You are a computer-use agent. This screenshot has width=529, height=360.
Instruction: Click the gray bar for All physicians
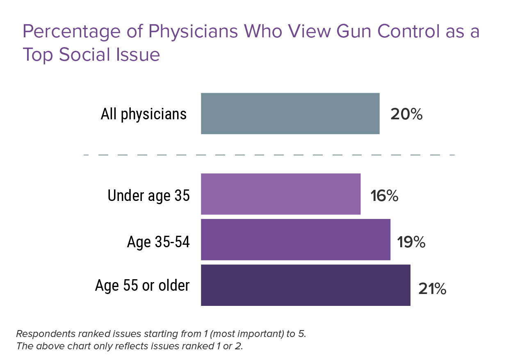tap(290, 114)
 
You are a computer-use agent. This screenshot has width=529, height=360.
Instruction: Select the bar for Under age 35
tap(280, 194)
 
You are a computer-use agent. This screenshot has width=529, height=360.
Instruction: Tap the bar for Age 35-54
tap(295, 240)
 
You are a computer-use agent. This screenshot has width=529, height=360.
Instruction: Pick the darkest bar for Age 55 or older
tap(306, 285)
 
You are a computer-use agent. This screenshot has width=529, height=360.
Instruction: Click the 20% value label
tap(406, 114)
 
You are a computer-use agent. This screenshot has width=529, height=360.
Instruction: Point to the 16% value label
tap(384, 196)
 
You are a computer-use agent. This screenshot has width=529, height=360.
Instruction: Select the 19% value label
tap(411, 242)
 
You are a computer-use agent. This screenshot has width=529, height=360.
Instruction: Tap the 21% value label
tap(432, 289)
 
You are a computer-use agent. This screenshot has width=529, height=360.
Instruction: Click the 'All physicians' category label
tap(144, 114)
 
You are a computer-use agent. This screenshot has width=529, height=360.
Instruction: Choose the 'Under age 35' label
tap(148, 196)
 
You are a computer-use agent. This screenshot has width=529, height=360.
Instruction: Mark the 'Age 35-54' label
tap(158, 242)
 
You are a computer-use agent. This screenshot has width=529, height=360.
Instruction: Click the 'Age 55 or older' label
tap(142, 285)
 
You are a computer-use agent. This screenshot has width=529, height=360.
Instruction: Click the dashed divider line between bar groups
tap(269, 155)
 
